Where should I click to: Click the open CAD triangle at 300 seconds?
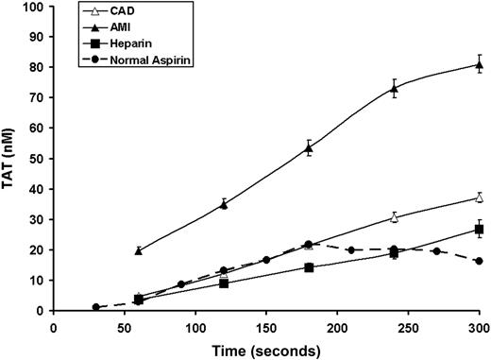[479, 197]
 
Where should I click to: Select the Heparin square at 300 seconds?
[479, 230]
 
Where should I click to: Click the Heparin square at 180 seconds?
[309, 267]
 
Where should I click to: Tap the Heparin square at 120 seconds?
[224, 283]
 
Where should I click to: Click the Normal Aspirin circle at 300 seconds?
[479, 261]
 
